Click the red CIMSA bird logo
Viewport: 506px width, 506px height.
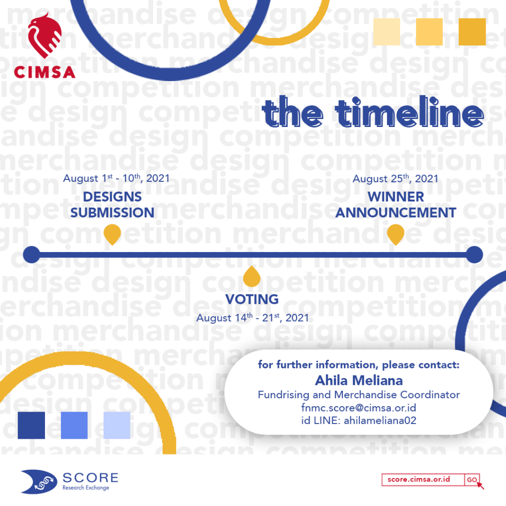[44, 36]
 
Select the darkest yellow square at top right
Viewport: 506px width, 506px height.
[472, 32]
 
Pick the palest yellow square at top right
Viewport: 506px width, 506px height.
[386, 32]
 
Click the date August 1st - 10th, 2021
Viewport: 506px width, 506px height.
[116, 178]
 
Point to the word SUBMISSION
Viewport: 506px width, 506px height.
[112, 212]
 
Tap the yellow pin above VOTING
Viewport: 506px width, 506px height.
[252, 277]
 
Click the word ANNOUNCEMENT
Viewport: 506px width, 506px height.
[396, 212]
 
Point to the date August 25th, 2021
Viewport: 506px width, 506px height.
[395, 178]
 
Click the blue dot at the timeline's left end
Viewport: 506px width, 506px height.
[32, 254]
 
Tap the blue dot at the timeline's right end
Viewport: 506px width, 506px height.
[474, 254]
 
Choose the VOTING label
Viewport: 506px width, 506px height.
[252, 299]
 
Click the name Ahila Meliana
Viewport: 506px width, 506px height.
[359, 380]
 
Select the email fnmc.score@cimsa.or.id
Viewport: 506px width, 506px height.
[359, 408]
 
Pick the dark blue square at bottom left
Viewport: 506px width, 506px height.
[31, 425]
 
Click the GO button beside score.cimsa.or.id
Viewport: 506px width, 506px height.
[472, 479]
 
